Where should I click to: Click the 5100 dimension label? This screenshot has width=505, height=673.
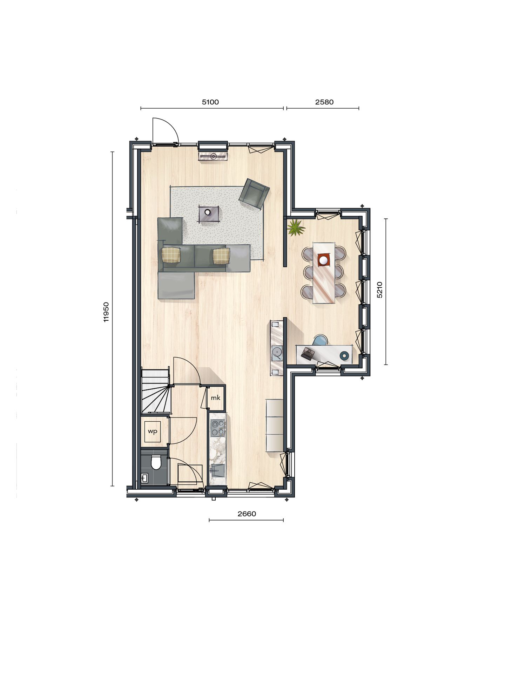click(x=210, y=102)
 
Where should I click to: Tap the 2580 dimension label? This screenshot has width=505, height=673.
click(x=324, y=102)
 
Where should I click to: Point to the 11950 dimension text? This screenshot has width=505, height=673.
click(x=107, y=312)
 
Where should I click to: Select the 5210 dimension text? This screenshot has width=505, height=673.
click(x=379, y=290)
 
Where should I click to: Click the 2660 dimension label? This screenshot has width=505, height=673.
click(x=247, y=514)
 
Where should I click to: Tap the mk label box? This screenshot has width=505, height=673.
click(x=216, y=398)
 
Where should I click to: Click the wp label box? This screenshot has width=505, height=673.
click(x=153, y=431)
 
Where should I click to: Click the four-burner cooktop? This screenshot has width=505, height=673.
click(x=217, y=428)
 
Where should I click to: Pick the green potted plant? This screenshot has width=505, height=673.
click(x=295, y=228)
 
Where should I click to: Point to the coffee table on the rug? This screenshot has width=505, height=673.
click(x=209, y=213)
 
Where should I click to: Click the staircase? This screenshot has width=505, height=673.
click(x=155, y=390)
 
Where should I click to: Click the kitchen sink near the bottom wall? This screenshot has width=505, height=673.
click(x=217, y=470)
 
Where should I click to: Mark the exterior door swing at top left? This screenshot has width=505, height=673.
click(x=165, y=131)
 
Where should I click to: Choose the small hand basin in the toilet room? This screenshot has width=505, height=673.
click(x=144, y=477)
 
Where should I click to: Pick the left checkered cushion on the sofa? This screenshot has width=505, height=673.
click(x=171, y=255)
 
